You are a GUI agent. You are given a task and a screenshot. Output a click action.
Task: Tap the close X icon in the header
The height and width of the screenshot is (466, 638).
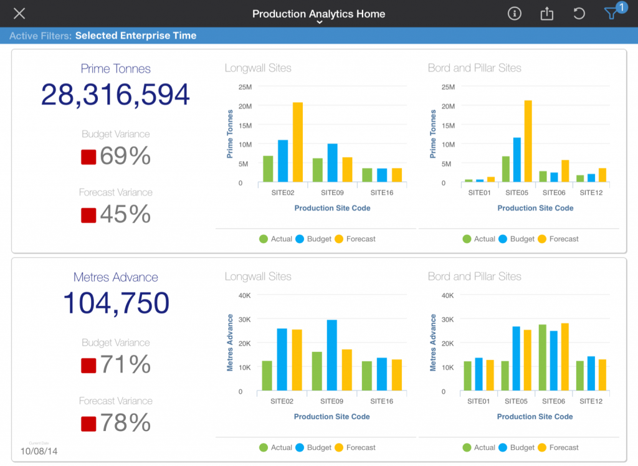click(19, 14)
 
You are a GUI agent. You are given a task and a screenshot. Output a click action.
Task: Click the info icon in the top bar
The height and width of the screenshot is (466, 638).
click(514, 14)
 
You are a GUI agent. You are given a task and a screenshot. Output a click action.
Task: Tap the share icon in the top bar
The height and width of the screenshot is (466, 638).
click(546, 14)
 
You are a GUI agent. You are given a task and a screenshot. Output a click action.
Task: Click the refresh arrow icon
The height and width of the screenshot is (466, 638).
click(579, 14)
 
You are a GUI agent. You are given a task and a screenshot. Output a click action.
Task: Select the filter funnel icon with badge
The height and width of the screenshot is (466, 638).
click(612, 14)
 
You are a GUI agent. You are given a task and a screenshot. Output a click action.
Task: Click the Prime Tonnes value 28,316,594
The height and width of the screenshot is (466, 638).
click(115, 95)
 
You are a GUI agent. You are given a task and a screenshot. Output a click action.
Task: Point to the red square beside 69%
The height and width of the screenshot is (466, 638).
click(88, 157)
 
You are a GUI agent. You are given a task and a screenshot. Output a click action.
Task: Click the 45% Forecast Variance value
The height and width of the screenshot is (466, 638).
click(125, 214)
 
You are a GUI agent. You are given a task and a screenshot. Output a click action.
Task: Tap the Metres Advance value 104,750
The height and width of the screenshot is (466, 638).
click(115, 303)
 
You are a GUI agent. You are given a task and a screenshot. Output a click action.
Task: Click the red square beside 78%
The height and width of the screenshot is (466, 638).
click(88, 424)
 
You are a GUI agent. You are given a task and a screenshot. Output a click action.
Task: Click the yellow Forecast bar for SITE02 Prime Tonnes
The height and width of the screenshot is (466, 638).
click(298, 142)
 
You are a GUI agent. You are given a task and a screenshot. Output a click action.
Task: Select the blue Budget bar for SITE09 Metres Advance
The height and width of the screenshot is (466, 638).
click(331, 356)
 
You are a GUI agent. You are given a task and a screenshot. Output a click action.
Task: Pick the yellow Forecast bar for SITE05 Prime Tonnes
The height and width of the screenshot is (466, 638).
click(528, 141)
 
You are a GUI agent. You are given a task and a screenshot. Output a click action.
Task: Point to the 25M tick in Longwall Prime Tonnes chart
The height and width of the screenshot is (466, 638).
click(244, 87)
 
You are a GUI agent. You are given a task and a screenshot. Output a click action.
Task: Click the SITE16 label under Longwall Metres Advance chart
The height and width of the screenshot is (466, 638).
click(381, 401)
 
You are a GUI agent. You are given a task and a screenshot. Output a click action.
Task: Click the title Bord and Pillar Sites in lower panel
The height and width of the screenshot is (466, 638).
click(474, 276)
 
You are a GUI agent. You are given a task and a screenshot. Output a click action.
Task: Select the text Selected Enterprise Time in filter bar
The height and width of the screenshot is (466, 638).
click(136, 36)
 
